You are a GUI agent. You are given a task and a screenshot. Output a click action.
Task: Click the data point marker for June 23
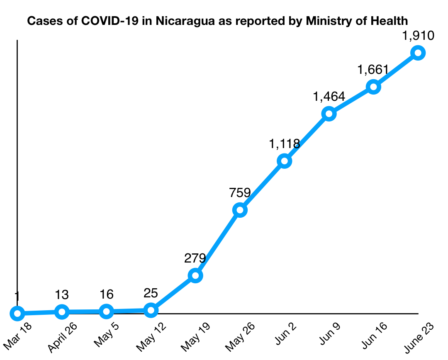click(418, 53)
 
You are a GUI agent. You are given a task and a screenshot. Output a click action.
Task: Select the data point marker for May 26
click(240, 210)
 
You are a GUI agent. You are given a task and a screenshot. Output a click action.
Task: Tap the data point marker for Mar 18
click(17, 313)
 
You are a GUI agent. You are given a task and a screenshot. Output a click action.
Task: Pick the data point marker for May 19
click(195, 275)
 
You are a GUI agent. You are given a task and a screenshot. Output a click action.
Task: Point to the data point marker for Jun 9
click(329, 114)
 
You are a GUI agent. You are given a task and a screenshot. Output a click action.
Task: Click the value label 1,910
click(418, 36)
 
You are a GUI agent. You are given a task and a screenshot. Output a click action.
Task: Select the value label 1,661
click(373, 70)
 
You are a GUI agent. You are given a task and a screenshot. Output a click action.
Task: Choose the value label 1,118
click(284, 144)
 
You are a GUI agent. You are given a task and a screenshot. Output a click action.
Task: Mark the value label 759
click(240, 193)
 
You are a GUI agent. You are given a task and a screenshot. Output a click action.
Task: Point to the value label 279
click(195, 258)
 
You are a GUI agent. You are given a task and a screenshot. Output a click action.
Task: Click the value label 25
click(151, 294)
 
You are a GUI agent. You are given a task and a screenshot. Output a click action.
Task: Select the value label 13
click(61, 295)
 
